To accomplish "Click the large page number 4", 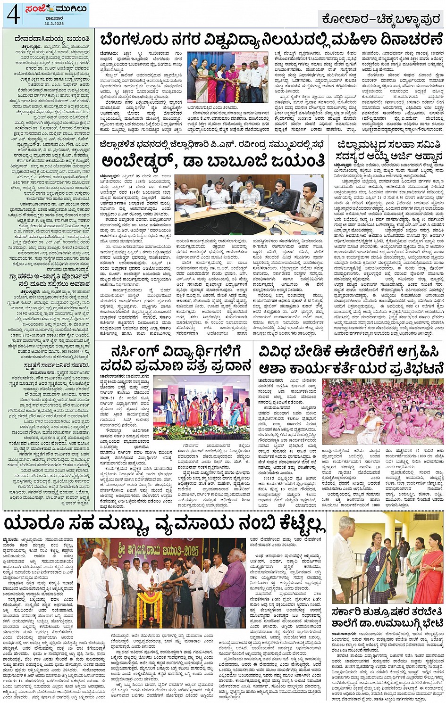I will click(12, 15).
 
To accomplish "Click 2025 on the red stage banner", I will click(193, 549).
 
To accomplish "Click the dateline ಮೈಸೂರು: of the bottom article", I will click(14, 538).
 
